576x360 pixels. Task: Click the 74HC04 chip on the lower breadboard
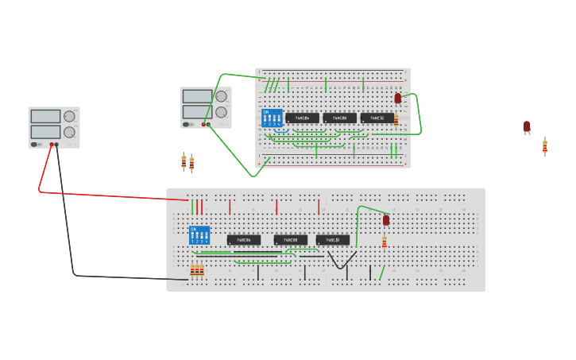coord(243,240)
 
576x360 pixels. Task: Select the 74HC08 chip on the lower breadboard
coord(290,240)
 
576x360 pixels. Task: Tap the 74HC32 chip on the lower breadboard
coord(332,240)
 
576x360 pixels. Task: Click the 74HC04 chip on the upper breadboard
coord(302,118)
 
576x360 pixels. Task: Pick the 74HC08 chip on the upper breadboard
coord(339,118)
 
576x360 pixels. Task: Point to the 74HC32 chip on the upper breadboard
coord(377,118)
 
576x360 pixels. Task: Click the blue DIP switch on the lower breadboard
coord(199,235)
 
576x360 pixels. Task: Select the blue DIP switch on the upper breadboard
coord(272,118)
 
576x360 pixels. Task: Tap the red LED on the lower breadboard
coord(386,220)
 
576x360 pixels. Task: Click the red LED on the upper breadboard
coord(398,99)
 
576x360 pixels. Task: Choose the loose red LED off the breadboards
coord(527,126)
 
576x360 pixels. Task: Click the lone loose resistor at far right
coord(545,146)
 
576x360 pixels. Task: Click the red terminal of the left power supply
coord(52,145)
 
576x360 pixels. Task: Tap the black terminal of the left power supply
coord(56,145)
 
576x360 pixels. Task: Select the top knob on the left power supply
coord(69,116)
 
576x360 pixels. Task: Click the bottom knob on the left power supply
coord(69,132)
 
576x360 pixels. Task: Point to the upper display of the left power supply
coord(45,116)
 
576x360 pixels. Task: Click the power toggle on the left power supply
coord(35,145)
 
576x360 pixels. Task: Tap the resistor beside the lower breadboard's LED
coord(385,242)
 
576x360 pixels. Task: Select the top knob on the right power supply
coord(221,96)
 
